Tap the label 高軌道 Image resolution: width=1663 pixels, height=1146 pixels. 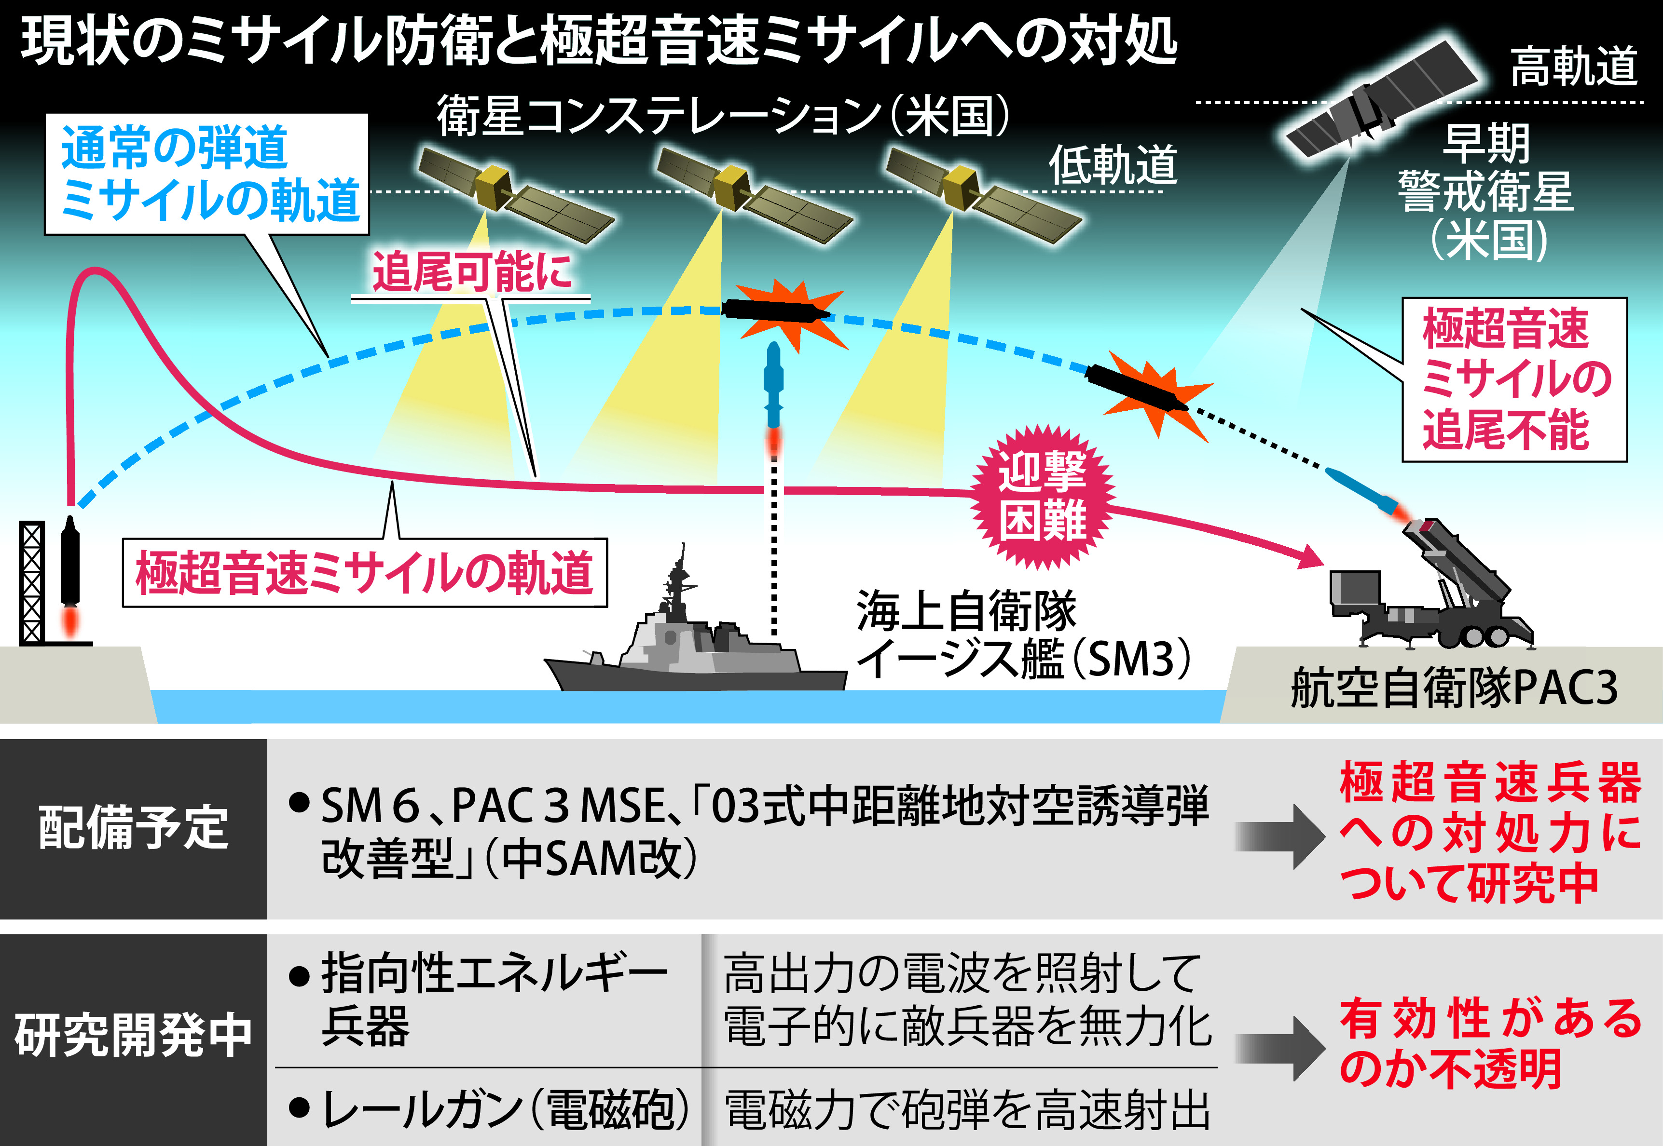coord(1573,67)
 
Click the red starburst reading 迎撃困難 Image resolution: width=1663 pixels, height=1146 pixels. coord(1043,497)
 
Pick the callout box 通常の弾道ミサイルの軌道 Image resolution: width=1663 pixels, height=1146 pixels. coord(207,175)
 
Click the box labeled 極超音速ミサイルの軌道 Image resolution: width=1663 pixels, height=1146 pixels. coord(365,573)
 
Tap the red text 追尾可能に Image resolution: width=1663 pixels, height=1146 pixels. coord(471,272)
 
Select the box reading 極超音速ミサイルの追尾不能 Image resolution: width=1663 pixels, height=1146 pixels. coord(1515,379)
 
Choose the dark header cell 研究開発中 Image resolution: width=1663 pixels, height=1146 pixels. coord(134,1038)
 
